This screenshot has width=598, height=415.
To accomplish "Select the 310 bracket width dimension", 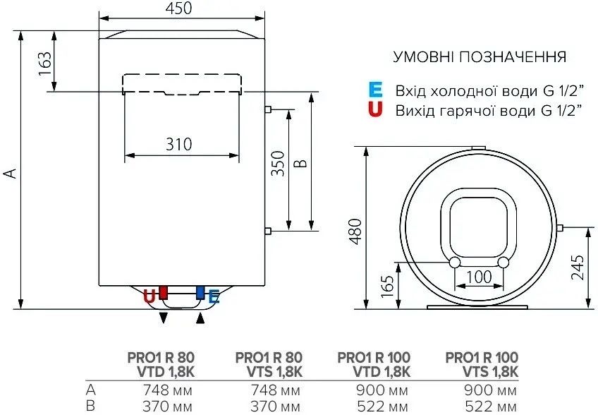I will coord(179,145).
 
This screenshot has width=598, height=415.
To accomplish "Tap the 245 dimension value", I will coord(577,267).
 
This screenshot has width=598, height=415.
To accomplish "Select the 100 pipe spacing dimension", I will coord(479,277).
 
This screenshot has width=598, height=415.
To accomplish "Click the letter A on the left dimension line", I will coord(9,173).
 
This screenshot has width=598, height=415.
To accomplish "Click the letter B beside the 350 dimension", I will coord(301,164).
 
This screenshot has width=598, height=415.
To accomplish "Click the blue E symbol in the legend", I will coord(375,90).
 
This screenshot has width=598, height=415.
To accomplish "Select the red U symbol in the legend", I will coord(375,109).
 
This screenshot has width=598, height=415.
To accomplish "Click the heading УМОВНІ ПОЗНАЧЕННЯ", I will coord(479,56).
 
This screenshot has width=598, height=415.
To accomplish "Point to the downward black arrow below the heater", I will coord(164,318).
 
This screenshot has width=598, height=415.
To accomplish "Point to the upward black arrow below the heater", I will coord(201,318).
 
